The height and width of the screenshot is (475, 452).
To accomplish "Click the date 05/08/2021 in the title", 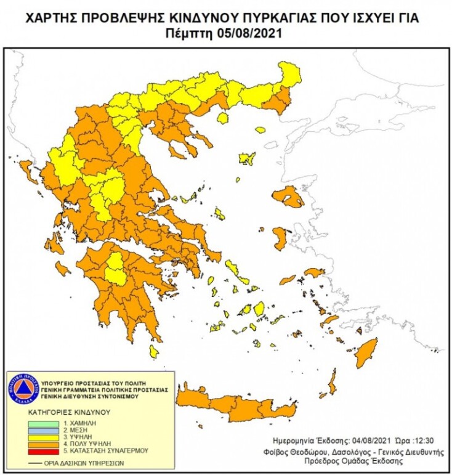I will click(x=250, y=34).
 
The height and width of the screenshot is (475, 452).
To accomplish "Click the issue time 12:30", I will click(x=423, y=442).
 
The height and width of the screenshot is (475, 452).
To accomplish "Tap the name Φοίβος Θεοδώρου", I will click(x=302, y=451).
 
